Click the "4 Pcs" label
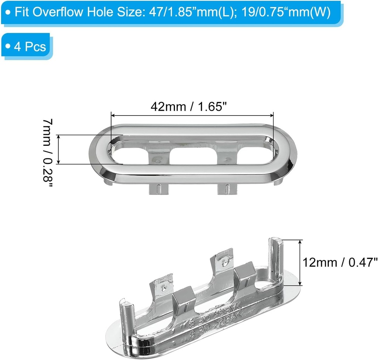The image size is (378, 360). pyautogui.click(x=30, y=47)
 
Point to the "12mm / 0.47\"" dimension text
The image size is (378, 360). pyautogui.click(x=340, y=263)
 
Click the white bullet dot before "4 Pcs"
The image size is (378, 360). pyautogui.click(x=9, y=47)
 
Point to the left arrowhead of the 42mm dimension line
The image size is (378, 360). pyautogui.click(x=113, y=116)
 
